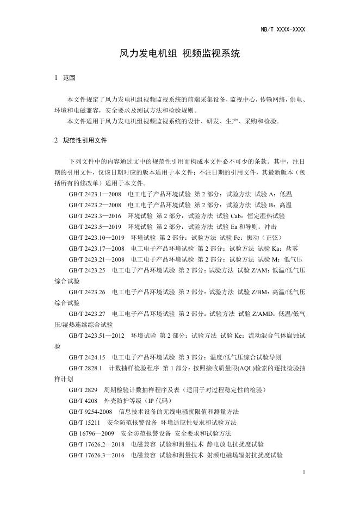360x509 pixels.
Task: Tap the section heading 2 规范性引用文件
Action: pos(80,140)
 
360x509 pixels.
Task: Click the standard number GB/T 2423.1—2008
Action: pos(95,194)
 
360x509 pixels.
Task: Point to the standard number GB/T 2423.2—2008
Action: pos(95,205)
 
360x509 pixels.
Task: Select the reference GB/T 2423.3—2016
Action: pos(95,216)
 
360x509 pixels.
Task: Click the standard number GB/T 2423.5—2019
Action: pos(95,227)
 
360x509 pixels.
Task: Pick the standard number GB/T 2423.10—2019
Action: pos(97,238)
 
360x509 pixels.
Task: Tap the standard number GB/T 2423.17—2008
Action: pos(97,249)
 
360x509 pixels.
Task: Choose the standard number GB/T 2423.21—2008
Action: pos(97,259)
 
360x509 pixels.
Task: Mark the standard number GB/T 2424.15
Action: pos(87,357)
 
